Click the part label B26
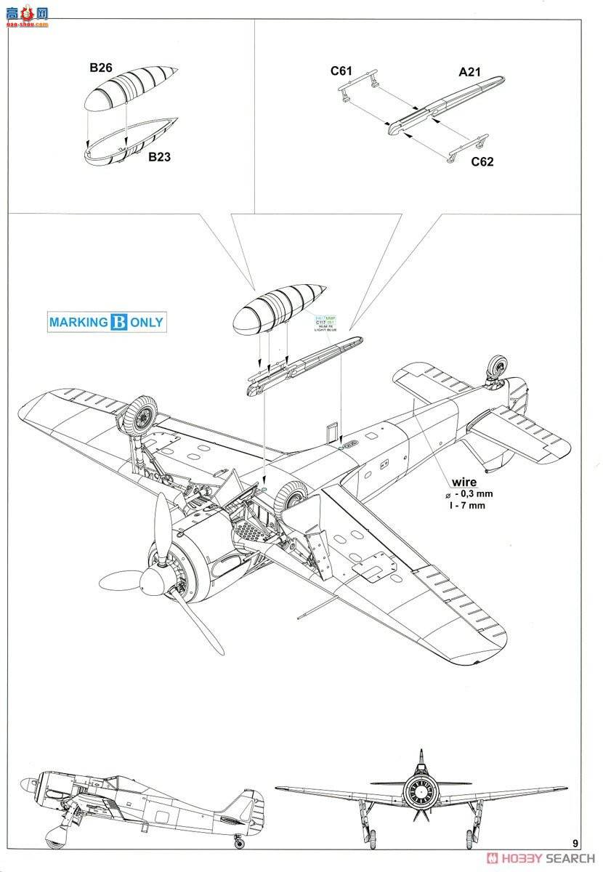(100, 68)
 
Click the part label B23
(160, 156)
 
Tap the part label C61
(341, 70)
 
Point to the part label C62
(482, 161)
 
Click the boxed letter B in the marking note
(119, 323)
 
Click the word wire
(464, 481)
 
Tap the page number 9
(575, 844)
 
